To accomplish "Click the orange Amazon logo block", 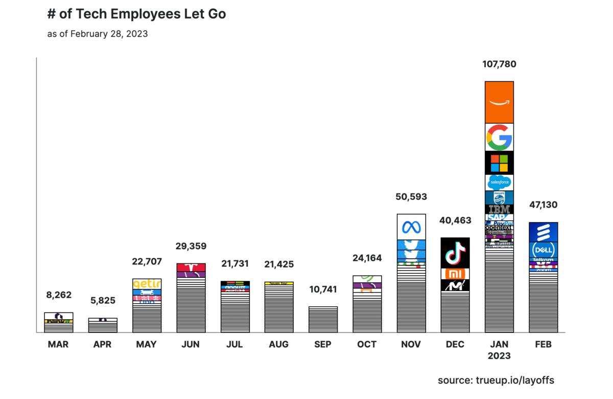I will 499,102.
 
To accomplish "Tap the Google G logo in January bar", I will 499,137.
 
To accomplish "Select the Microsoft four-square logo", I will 499,163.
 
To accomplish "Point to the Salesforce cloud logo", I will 499,182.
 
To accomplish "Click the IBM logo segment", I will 499,209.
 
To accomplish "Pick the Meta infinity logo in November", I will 411,227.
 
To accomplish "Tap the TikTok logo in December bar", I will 455,253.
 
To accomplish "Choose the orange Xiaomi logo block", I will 455,274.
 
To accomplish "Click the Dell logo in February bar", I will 543,250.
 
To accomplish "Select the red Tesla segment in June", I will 191,267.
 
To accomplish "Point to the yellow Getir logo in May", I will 147,284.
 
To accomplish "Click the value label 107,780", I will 499,64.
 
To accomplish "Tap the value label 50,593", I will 411,197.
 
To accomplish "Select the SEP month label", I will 323,345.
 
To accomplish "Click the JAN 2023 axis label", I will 499,350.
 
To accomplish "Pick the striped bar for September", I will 323,320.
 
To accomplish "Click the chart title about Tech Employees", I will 136,14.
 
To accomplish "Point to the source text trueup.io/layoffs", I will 496,380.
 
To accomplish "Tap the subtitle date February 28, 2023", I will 98,34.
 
